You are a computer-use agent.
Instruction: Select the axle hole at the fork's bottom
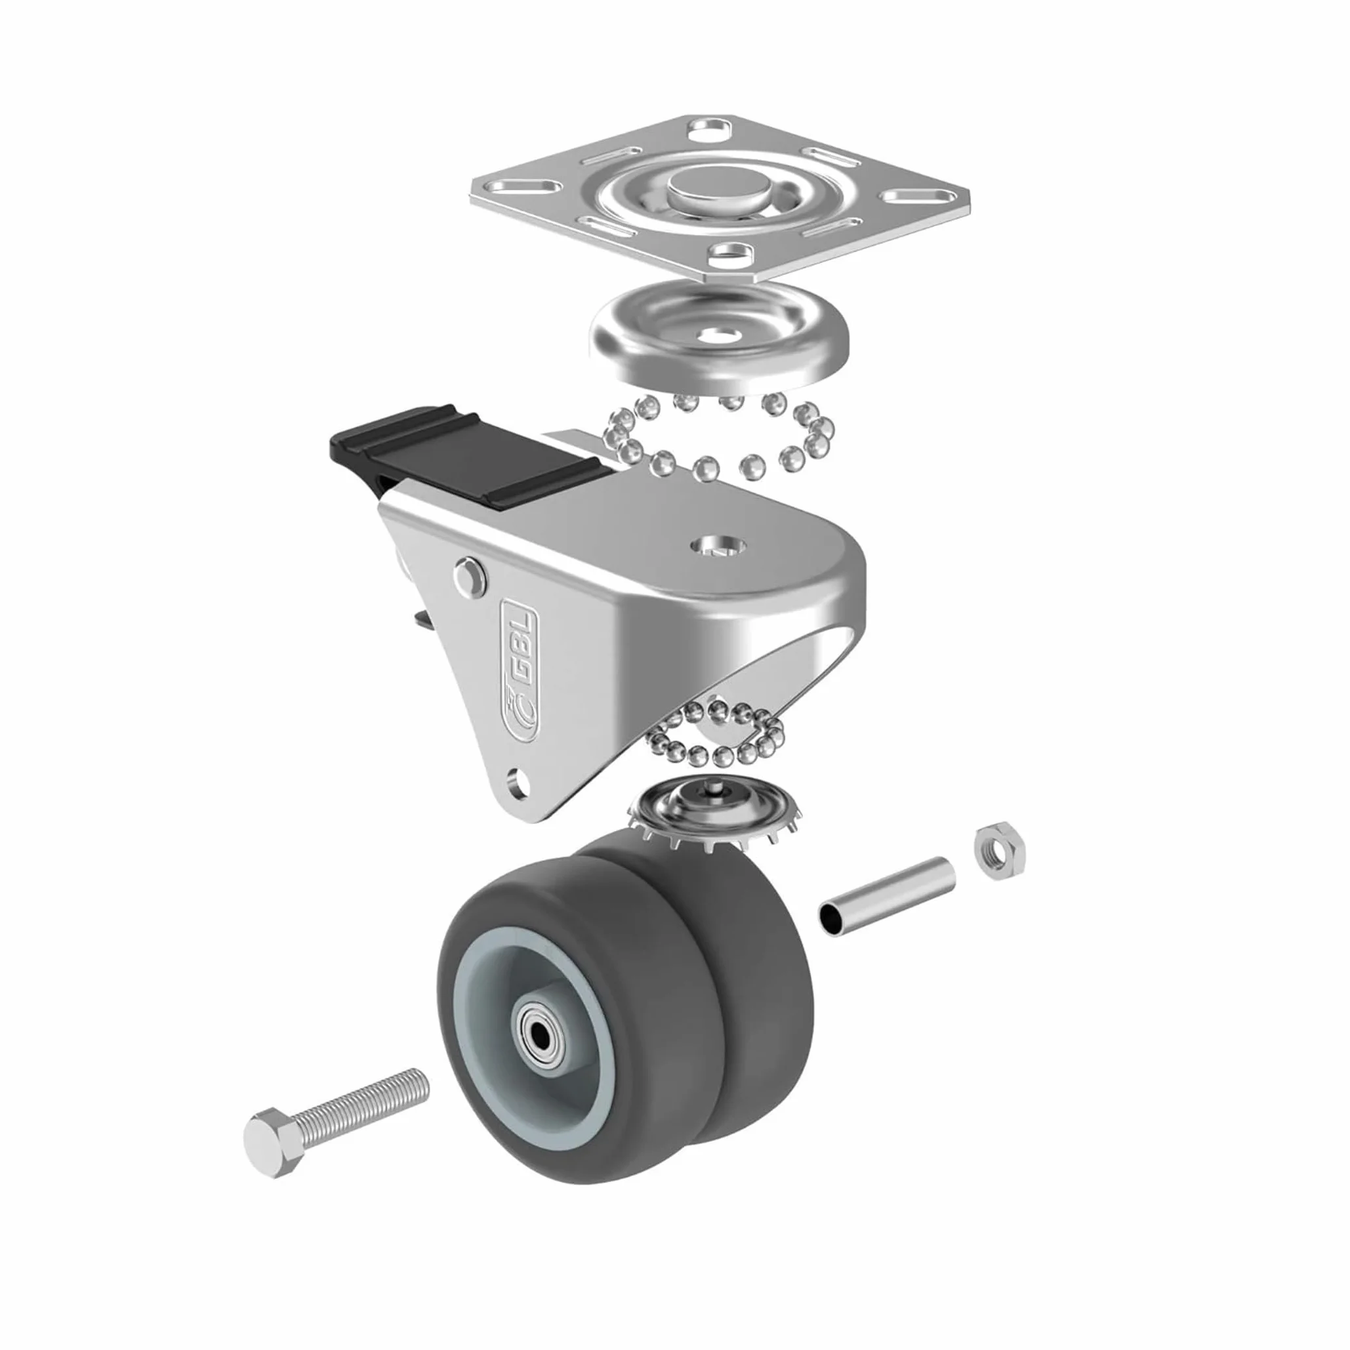coord(518,778)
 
